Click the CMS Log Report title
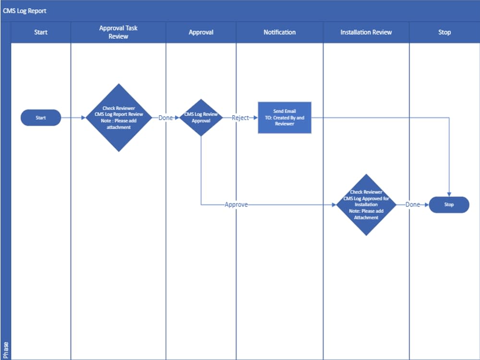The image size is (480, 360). tap(25, 11)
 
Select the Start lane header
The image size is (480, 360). tap(41, 32)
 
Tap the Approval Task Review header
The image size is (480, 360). tap(118, 32)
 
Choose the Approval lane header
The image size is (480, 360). tap(201, 32)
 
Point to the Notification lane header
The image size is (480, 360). tap(279, 32)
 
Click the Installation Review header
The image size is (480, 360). tap(366, 32)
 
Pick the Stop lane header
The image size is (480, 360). tap(444, 32)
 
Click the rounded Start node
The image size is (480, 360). tap(41, 118)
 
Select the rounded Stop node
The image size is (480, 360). tap(449, 204)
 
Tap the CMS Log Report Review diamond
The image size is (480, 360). tap(119, 118)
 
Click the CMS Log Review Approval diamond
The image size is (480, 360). tap(201, 118)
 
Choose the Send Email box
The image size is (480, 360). tap(285, 118)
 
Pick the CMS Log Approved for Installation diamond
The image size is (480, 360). tap(366, 204)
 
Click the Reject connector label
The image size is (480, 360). tap(240, 118)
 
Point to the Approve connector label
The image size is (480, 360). tap(236, 204)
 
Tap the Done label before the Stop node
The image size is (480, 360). tap(412, 204)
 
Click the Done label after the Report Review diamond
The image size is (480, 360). tap(166, 118)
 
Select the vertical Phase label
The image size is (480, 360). tap(6, 349)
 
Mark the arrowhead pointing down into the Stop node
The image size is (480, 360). tap(449, 194)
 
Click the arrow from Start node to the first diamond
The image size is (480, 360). tap(73, 118)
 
